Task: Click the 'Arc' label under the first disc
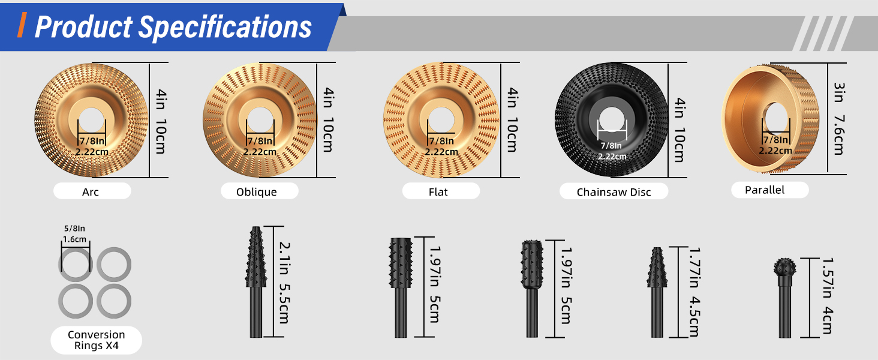coord(91,192)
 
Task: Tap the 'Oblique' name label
coord(256,192)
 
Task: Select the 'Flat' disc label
coord(438,192)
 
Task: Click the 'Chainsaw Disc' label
coord(614,192)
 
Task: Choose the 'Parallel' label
coord(764,190)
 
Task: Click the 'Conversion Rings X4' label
coord(96,340)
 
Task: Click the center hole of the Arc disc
coord(91,120)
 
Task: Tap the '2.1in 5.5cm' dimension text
coord(284,283)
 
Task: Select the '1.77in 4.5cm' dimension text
coord(694,292)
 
